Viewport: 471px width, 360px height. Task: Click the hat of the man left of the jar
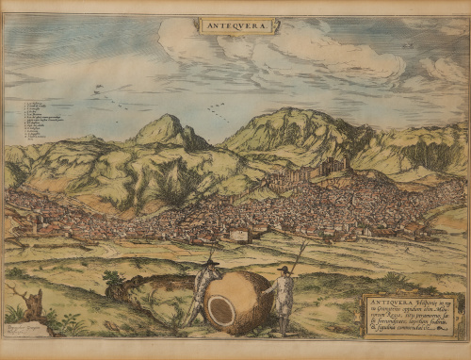[212, 261]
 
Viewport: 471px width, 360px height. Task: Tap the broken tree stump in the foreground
[32, 303]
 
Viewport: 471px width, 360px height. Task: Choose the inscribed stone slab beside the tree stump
[26, 329]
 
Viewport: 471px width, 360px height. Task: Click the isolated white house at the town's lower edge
[240, 235]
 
